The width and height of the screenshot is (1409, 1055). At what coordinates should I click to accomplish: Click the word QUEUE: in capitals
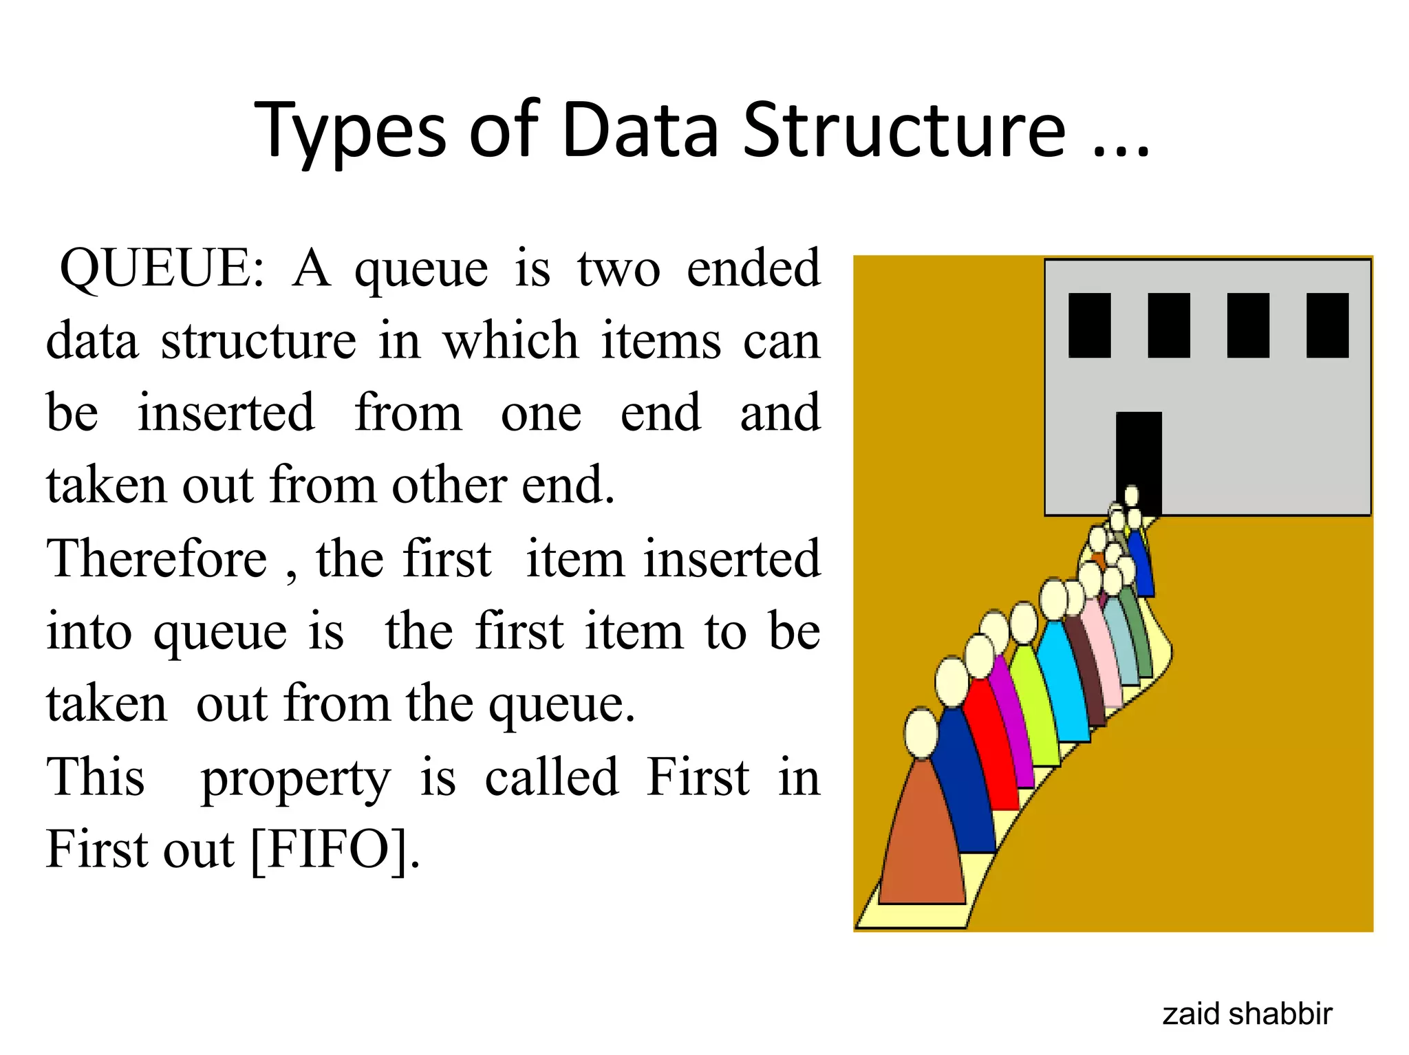point(161,268)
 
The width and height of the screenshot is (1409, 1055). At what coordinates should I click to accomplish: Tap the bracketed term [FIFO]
point(334,851)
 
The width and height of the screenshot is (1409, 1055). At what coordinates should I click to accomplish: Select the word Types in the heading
point(351,131)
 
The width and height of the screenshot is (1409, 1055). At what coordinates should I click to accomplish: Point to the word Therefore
point(156,558)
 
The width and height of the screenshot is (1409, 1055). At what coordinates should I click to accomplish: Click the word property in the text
point(295,779)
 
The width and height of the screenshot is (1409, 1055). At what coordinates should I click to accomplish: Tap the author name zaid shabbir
point(1247,1014)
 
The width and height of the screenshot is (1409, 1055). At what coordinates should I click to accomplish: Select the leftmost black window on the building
point(1089,325)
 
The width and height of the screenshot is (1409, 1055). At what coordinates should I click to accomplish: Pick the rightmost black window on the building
point(1327,325)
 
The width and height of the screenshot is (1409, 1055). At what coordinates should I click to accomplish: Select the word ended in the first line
point(753,268)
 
